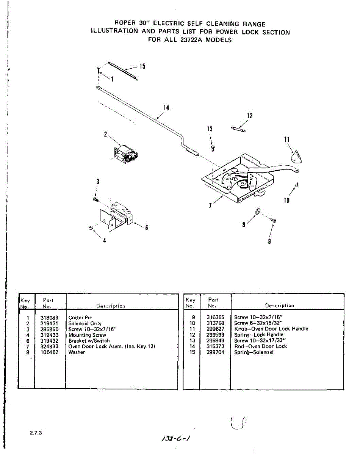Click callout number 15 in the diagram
click(142, 66)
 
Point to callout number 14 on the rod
click(166, 108)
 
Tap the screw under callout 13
click(213, 147)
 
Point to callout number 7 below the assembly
click(211, 206)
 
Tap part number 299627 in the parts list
click(215, 329)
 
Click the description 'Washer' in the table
click(77, 352)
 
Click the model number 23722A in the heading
click(189, 40)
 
